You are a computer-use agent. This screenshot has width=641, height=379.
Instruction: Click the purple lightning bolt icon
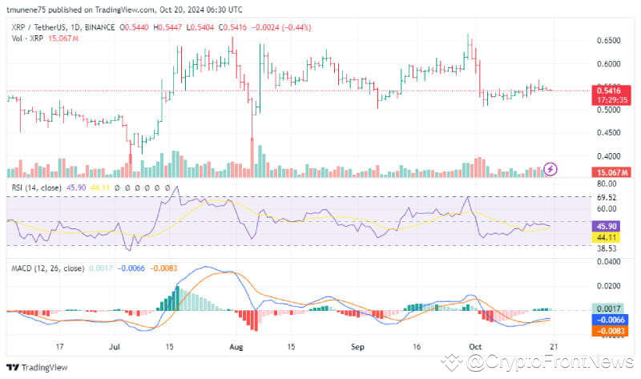[550, 168]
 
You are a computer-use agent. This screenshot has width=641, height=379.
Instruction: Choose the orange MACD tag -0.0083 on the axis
[607, 329]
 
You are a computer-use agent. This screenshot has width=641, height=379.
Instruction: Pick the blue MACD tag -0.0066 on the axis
[607, 319]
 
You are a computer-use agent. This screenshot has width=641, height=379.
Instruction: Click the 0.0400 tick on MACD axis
[607, 261]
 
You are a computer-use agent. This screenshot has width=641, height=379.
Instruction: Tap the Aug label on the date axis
[235, 349]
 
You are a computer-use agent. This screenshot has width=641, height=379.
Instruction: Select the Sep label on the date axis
[358, 349]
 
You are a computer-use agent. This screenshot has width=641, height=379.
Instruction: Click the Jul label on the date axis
[114, 349]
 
